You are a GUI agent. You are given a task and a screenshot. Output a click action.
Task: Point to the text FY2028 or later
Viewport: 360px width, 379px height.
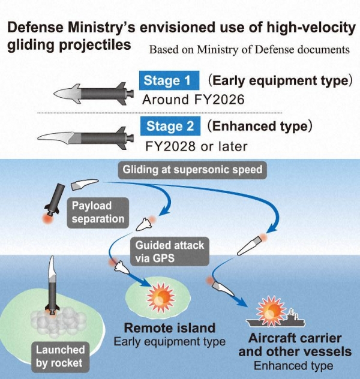(x=196, y=146)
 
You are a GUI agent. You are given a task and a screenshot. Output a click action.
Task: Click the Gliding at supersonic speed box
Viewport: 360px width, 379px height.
(x=193, y=170)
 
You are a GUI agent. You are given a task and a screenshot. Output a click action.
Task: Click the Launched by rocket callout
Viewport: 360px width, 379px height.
(x=59, y=356)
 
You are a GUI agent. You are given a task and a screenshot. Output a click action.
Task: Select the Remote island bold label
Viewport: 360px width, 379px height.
(x=169, y=328)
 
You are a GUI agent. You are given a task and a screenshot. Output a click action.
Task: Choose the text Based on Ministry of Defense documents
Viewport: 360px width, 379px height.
(x=249, y=49)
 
